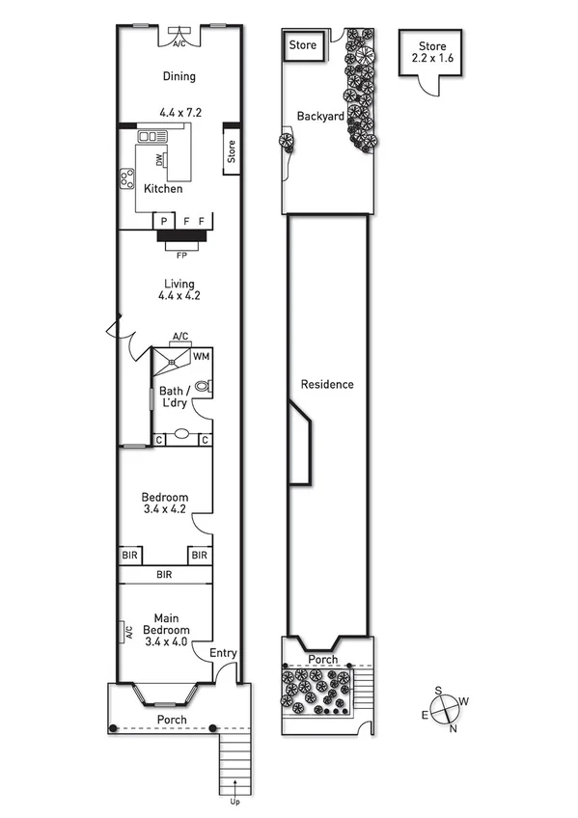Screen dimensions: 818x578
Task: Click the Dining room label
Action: click(x=179, y=76)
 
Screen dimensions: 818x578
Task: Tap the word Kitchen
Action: click(x=163, y=189)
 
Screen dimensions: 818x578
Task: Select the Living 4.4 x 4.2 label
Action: click(x=179, y=289)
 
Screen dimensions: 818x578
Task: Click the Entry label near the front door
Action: click(x=223, y=653)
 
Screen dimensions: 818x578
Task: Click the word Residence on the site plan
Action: click(x=327, y=384)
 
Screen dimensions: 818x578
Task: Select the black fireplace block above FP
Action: click(x=181, y=234)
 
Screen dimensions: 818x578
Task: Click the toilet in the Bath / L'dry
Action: click(x=202, y=386)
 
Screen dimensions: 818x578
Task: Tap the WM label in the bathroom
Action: click(x=201, y=357)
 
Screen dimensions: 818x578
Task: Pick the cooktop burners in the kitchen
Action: click(x=126, y=177)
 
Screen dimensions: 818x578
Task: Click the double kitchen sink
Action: click(x=152, y=137)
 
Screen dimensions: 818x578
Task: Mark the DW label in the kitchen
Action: click(x=158, y=161)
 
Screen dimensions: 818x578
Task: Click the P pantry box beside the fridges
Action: click(x=164, y=221)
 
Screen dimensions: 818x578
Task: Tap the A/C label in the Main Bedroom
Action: click(x=128, y=633)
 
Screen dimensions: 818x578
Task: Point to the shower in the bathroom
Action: click(x=171, y=364)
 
